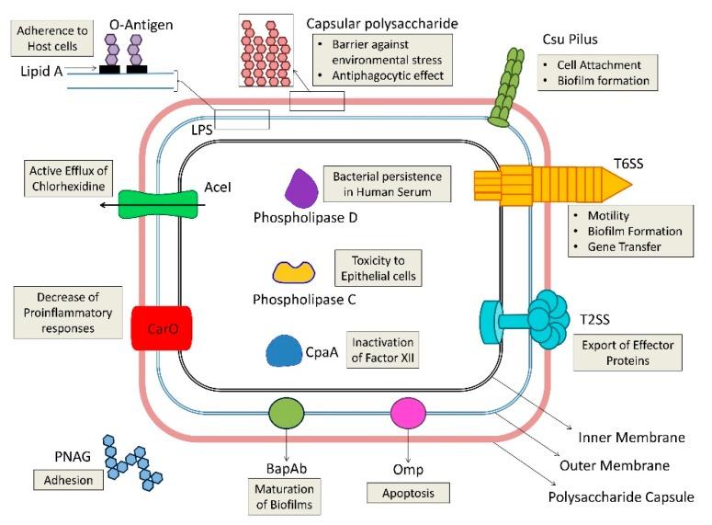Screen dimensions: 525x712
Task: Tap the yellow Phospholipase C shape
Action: point(295,271)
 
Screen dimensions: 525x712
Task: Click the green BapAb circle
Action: point(287,411)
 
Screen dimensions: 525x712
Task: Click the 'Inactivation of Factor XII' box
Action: point(382,349)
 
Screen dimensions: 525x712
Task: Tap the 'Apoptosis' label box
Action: point(408,494)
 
